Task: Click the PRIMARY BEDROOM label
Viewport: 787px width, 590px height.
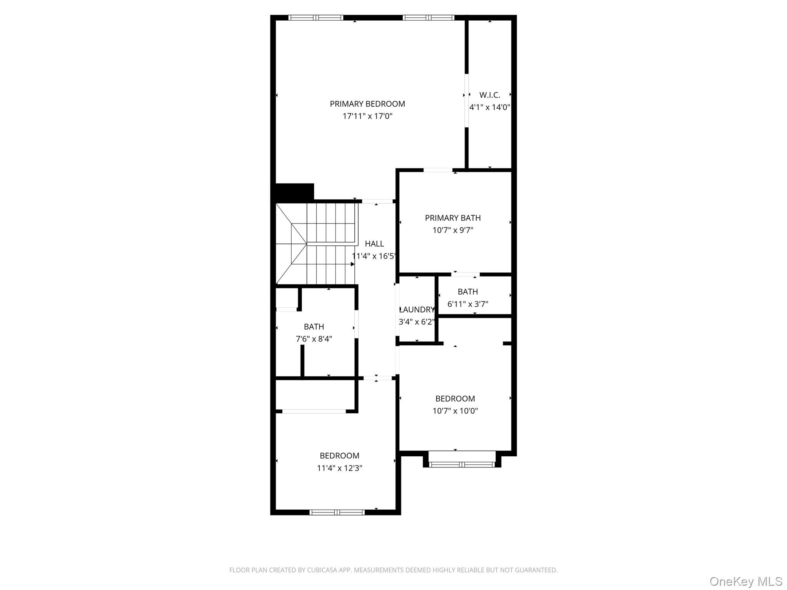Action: click(x=367, y=104)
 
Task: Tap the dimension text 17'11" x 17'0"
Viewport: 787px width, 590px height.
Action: click(x=367, y=116)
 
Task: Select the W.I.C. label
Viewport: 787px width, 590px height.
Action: click(x=490, y=95)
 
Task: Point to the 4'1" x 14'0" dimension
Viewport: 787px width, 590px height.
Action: click(x=490, y=107)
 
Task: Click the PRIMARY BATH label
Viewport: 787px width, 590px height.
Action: click(x=453, y=218)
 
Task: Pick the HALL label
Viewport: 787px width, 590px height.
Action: click(x=374, y=244)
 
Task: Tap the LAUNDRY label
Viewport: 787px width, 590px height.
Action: click(x=417, y=310)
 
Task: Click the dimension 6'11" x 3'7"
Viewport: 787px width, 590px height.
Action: click(x=468, y=304)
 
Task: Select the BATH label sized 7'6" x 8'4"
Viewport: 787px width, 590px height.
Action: click(x=314, y=326)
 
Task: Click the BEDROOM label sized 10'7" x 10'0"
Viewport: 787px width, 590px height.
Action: click(x=455, y=399)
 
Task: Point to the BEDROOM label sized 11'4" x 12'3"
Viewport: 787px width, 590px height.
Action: click(x=339, y=456)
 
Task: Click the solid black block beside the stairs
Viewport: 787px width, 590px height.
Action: click(x=295, y=192)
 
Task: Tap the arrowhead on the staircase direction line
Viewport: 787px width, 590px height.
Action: click(x=352, y=264)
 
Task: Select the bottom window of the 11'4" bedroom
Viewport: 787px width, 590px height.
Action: click(x=337, y=512)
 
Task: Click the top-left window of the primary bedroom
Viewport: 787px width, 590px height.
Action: click(x=315, y=18)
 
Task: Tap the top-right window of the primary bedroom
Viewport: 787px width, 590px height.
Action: click(x=428, y=18)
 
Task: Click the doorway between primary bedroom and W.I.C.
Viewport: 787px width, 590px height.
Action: click(x=467, y=101)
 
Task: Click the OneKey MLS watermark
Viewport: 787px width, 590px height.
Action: click(x=745, y=581)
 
